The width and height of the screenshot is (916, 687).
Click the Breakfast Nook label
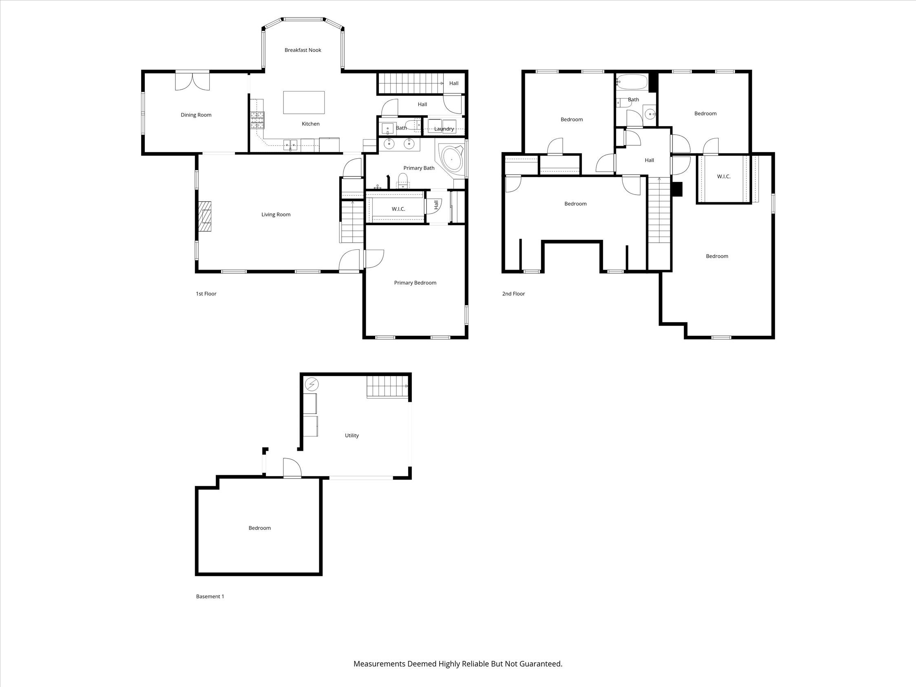click(303, 50)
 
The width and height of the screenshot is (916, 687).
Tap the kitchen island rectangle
click(304, 102)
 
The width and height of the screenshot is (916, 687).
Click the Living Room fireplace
click(205, 216)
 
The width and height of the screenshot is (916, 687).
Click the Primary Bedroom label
click(415, 283)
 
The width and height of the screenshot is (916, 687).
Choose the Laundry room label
click(444, 129)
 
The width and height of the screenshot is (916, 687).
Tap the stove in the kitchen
click(257, 120)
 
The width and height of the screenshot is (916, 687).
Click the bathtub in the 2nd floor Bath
click(631, 82)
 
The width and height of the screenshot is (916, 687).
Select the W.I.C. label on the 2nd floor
click(724, 176)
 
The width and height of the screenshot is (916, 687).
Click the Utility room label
click(352, 435)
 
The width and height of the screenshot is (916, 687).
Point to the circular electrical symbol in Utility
click(312, 385)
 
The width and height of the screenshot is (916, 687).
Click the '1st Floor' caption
click(206, 294)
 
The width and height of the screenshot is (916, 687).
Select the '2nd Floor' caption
click(513, 294)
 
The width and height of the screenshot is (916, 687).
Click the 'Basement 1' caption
click(210, 596)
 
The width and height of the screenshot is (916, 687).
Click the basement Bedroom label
click(260, 528)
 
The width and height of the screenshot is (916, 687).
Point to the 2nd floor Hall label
click(649, 160)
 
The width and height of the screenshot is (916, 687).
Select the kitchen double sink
click(290, 144)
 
